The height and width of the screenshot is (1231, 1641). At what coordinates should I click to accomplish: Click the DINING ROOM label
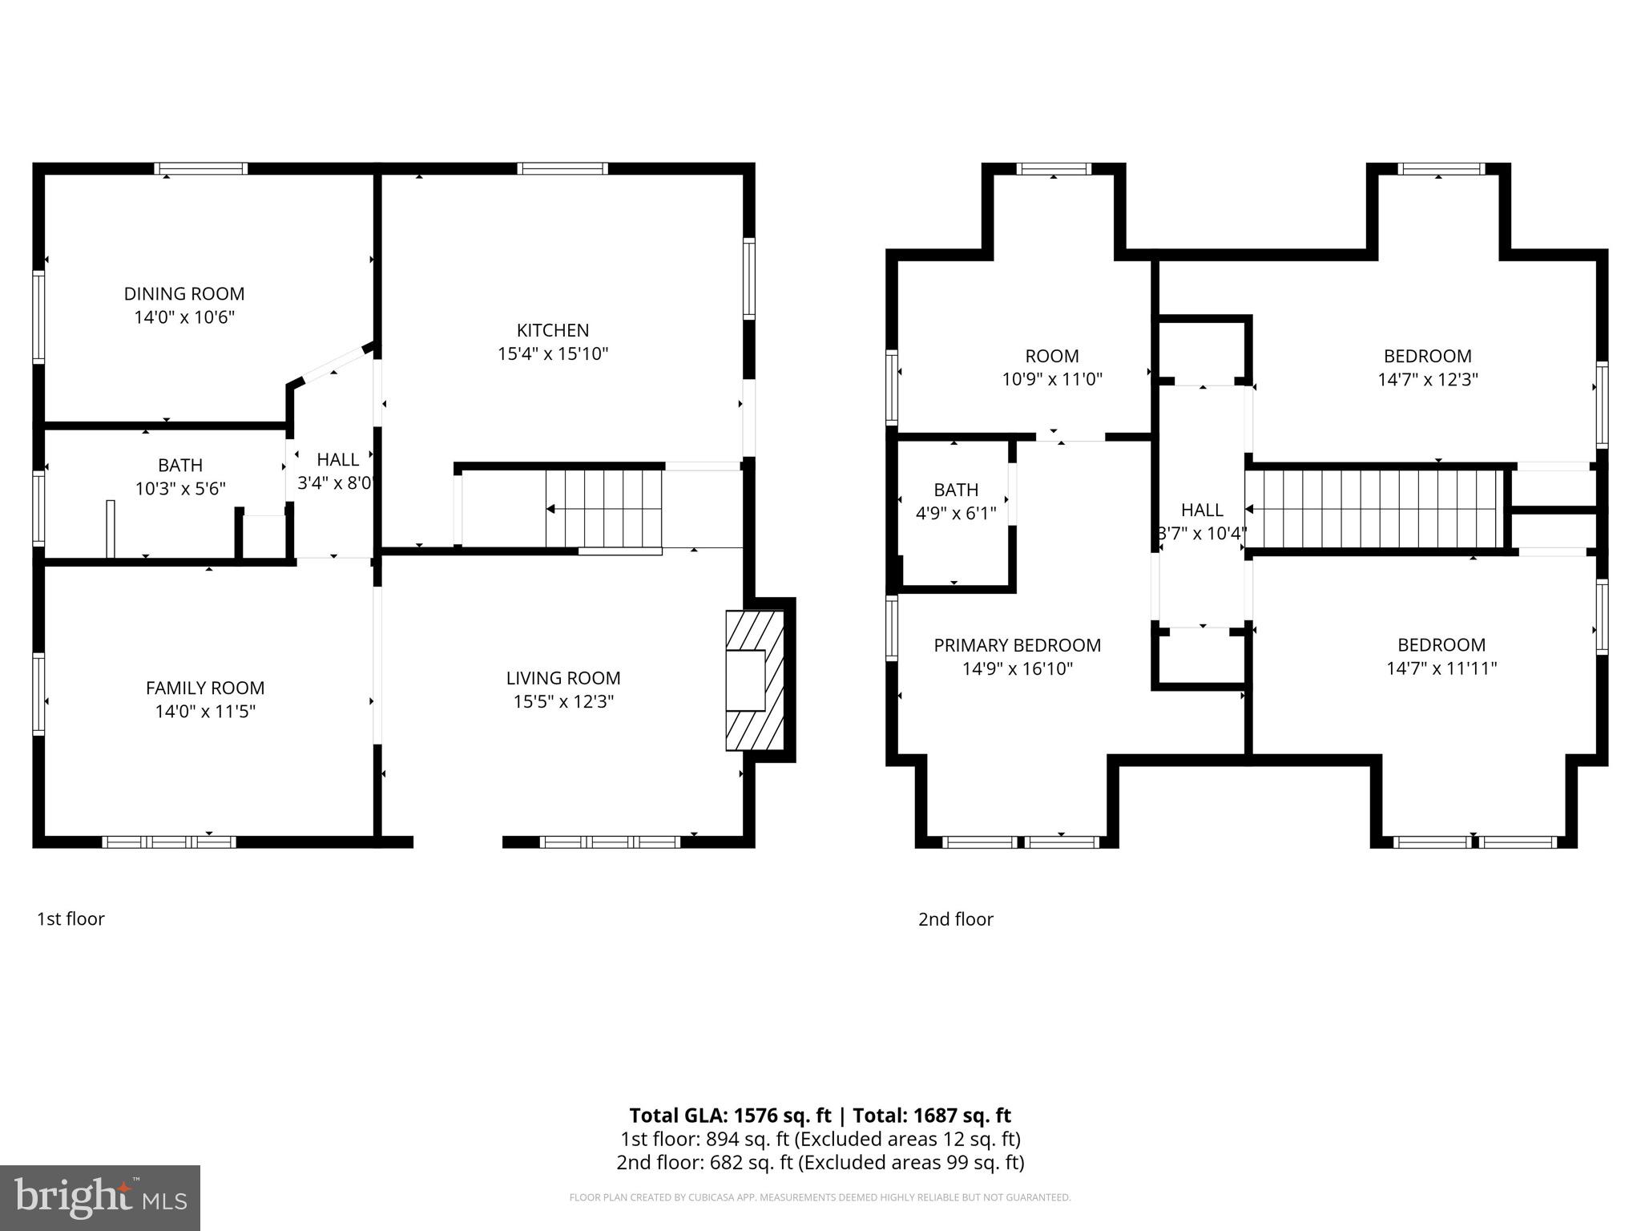tap(183, 294)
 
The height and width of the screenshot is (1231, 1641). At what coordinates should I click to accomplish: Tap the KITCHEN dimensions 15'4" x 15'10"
tap(553, 353)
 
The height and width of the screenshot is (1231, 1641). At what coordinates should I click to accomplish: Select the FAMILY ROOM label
tap(205, 688)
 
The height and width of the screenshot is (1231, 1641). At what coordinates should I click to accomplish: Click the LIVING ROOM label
tap(563, 678)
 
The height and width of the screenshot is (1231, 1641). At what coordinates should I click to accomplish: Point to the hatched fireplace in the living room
tap(754, 680)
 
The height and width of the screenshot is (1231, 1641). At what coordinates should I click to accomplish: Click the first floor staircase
tap(604, 509)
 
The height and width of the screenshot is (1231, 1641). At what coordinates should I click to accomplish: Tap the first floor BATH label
tap(180, 466)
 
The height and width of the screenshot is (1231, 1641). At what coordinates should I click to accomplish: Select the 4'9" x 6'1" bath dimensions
tap(956, 513)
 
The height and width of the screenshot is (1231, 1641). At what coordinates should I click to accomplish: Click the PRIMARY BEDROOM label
tap(1017, 645)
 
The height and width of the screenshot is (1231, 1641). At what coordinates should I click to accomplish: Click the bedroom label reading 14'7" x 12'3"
tap(1427, 379)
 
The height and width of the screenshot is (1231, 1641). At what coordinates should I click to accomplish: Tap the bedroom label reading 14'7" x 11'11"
tap(1441, 668)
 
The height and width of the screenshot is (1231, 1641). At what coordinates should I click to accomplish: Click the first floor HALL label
tap(337, 460)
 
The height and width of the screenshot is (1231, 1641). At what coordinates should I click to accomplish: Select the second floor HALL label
tap(1202, 511)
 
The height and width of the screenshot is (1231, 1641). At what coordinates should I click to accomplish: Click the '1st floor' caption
tap(71, 919)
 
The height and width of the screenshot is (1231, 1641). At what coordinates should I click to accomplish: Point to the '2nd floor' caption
tap(955, 919)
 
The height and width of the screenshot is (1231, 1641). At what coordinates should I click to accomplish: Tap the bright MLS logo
tap(100, 1197)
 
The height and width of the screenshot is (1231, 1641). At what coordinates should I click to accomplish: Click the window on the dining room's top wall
tap(200, 168)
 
